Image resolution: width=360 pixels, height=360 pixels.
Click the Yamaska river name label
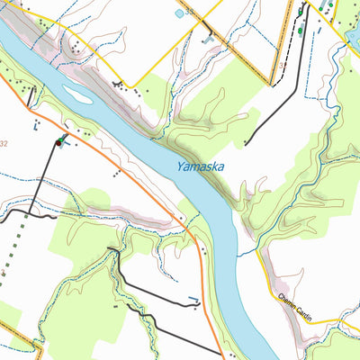[200, 166]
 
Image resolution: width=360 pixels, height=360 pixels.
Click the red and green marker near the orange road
[59, 141]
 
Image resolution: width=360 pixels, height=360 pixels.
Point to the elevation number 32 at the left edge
[4, 144]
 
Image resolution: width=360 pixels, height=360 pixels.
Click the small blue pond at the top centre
[179, 13]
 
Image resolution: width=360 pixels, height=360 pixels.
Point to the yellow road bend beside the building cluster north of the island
[130, 87]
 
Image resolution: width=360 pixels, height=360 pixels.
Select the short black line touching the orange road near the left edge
[31, 97]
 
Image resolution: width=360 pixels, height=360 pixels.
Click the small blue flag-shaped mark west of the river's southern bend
[193, 301]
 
